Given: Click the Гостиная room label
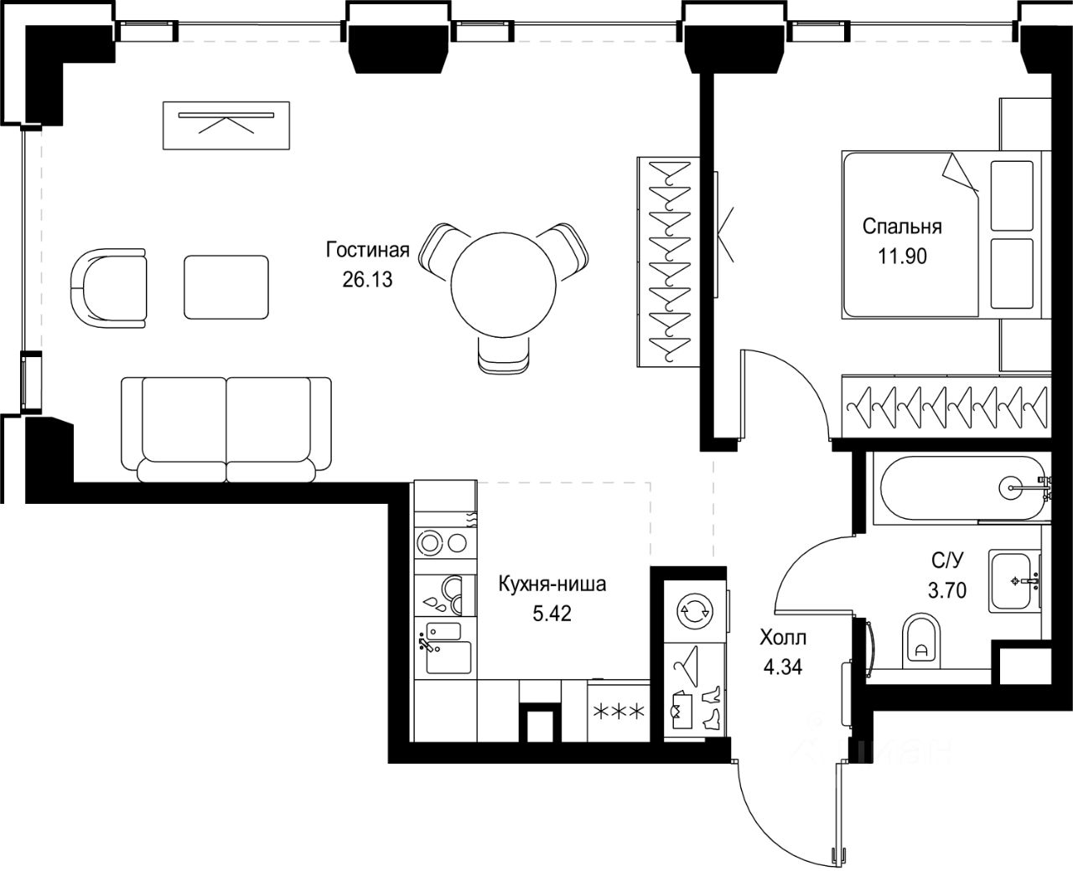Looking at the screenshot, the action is tap(367, 250).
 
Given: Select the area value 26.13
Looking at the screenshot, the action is tap(367, 279).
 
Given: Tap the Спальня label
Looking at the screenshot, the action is tap(902, 226).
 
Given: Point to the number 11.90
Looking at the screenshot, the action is tap(902, 256).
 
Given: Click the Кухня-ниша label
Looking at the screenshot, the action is tap(552, 583).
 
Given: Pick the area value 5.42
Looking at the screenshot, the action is tap(552, 614).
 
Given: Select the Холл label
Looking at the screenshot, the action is tap(783, 638).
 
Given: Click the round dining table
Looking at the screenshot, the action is tap(503, 285).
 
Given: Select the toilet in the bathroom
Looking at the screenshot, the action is tap(922, 640).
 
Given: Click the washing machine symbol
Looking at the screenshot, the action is tap(695, 611).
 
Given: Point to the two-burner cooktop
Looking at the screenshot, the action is tap(445, 543).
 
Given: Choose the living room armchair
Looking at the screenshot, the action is tap(108, 288).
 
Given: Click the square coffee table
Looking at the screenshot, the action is tap(226, 288).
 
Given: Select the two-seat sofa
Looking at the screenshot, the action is tap(226, 430).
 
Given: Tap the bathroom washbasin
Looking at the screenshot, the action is tap(1014, 581).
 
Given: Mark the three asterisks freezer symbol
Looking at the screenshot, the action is tap(619, 712).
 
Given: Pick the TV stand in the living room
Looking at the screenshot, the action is tap(226, 126).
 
